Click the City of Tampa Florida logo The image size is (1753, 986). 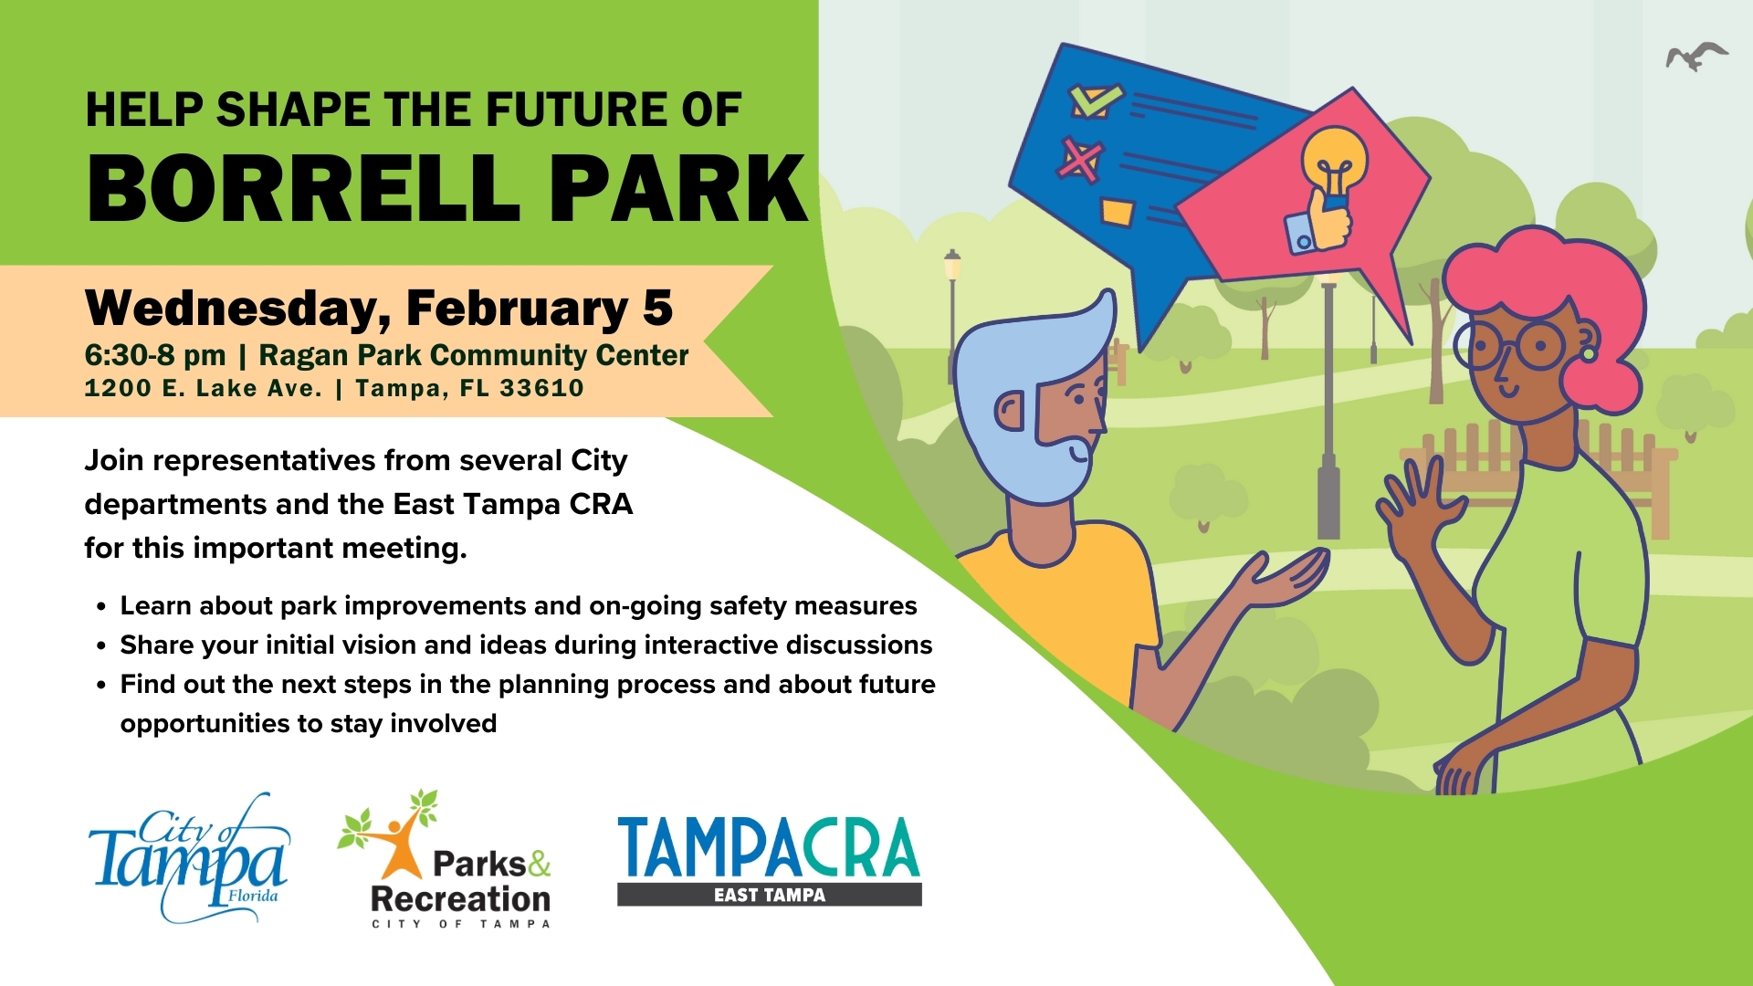[x=189, y=858]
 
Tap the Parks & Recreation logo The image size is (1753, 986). [x=445, y=859]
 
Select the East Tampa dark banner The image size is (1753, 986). [x=770, y=895]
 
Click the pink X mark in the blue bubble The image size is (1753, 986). [x=1080, y=159]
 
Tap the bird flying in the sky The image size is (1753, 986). [x=1695, y=57]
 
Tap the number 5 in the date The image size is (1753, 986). [x=657, y=308]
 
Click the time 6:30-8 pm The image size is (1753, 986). [x=155, y=355]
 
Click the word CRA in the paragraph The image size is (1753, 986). [x=601, y=504]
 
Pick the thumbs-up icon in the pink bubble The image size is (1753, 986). [x=1318, y=222]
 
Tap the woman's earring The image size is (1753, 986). [x=1588, y=350]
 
